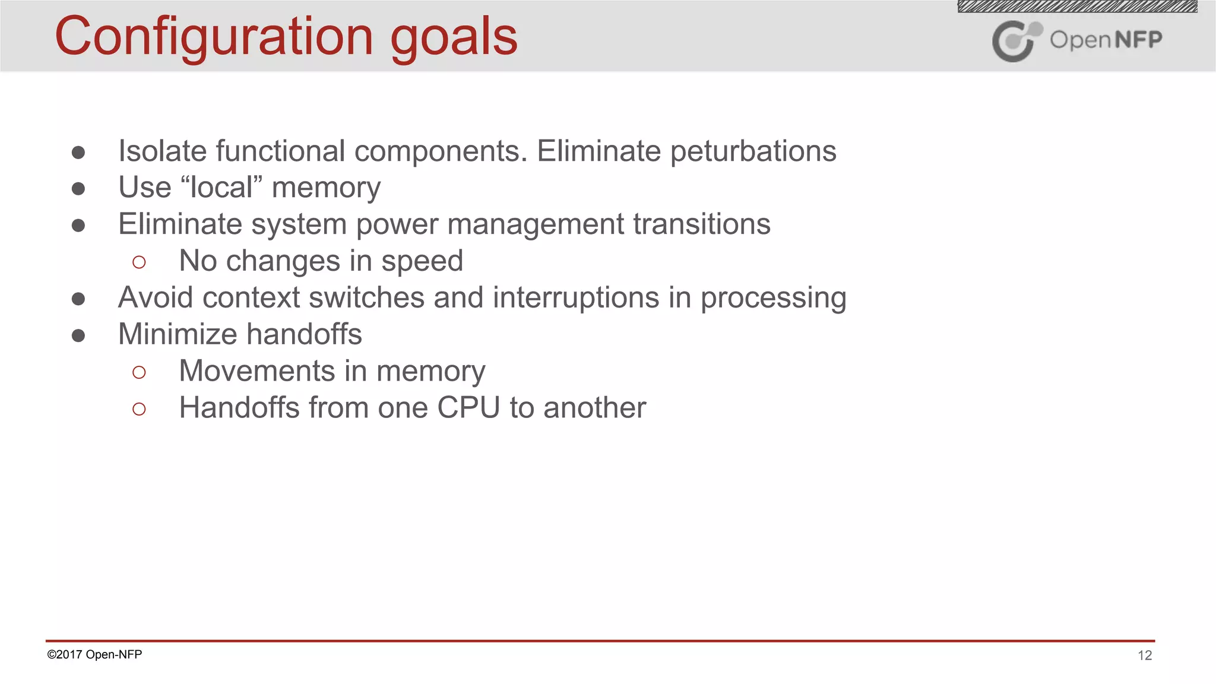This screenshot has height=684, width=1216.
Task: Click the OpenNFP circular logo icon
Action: tap(1015, 40)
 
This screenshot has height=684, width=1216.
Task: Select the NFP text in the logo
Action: tap(1138, 40)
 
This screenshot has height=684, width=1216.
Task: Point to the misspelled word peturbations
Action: tap(753, 151)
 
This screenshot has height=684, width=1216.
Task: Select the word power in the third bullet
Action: tap(397, 225)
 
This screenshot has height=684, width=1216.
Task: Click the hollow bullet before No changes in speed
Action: tap(139, 262)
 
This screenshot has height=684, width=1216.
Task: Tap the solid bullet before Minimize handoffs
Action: tap(78, 335)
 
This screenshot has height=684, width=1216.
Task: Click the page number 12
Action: tap(1144, 655)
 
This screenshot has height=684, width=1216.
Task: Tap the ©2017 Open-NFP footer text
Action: tap(94, 654)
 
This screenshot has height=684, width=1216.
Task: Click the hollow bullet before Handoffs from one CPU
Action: tap(139, 409)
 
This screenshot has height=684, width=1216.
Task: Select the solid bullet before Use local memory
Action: tap(78, 189)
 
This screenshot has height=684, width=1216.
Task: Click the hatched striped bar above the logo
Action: tap(1077, 7)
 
